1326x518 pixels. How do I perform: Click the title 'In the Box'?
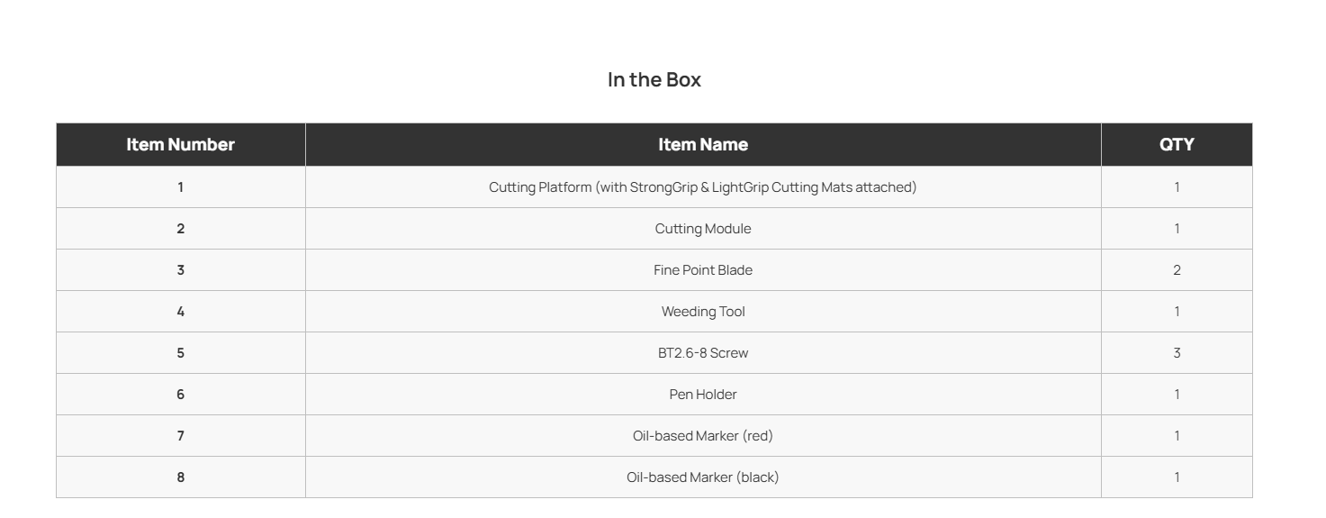click(654, 79)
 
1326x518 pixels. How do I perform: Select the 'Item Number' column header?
click(181, 145)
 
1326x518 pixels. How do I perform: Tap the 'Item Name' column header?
click(703, 145)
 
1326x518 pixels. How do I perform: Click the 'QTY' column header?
click(1177, 145)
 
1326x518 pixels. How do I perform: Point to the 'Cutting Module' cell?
click(703, 229)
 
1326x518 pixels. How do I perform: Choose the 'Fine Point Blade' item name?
click(703, 270)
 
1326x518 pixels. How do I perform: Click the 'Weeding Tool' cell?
click(703, 312)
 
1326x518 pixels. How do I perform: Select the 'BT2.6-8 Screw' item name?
click(703, 353)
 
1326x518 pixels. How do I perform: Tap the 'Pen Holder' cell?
click(703, 395)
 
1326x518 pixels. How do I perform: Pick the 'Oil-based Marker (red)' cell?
click(703, 436)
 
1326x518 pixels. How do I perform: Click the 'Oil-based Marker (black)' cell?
click(703, 477)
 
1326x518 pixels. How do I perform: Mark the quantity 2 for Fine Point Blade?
click(1177, 270)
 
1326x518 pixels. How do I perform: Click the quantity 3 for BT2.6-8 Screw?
click(1177, 353)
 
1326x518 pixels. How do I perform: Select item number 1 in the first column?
click(181, 187)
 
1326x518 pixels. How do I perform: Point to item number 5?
click(181, 353)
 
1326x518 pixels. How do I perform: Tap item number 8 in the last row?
click(181, 477)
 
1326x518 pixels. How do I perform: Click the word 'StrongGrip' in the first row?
click(663, 188)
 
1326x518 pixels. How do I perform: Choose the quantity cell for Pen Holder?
click(1177, 395)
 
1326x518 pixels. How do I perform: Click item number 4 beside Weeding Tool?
click(181, 312)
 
